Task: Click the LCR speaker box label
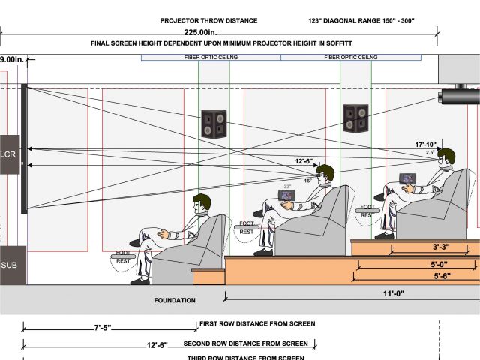9,154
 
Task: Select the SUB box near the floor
10,265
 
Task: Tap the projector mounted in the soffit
459,97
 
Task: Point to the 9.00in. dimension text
11,59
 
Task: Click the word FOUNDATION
175,300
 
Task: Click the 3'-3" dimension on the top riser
441,247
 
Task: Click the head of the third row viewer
446,157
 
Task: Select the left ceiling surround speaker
214,124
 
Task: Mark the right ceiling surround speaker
355,117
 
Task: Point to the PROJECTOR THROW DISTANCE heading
208,21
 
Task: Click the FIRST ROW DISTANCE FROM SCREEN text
256,324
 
